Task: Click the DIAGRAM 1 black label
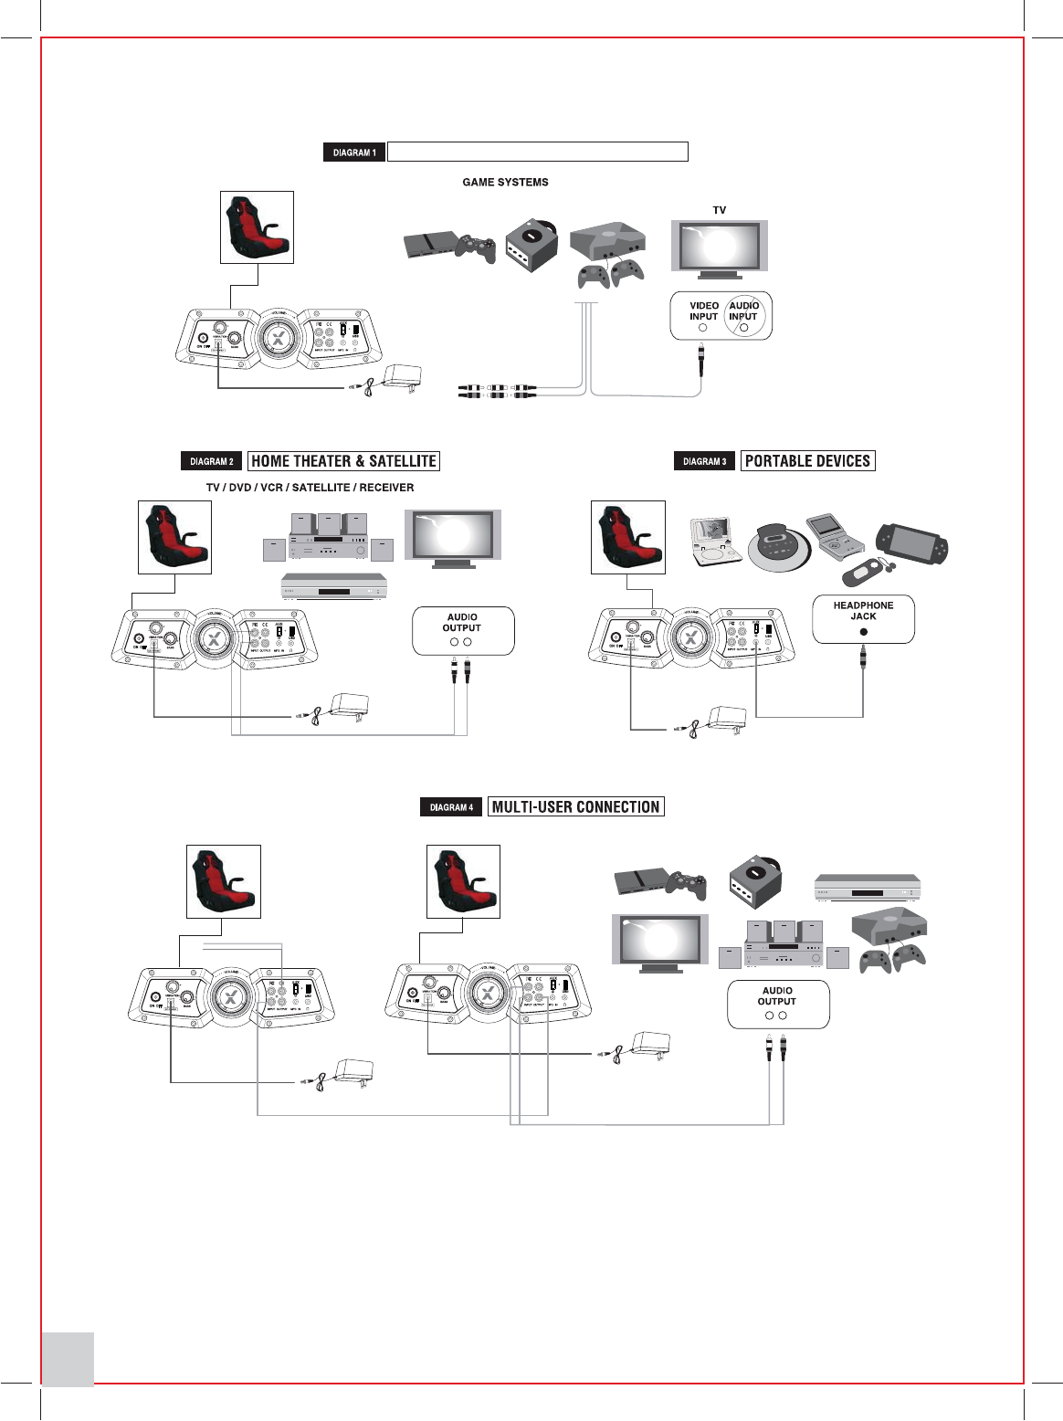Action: click(354, 153)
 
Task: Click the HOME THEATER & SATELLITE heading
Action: click(343, 461)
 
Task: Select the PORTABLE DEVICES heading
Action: click(807, 461)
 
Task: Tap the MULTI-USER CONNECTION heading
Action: click(575, 806)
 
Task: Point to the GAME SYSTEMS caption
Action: click(505, 182)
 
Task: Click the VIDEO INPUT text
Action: click(703, 311)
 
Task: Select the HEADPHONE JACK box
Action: click(863, 618)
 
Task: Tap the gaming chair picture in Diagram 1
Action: click(257, 227)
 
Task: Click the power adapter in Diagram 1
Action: click(402, 377)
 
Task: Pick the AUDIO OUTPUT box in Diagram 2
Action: click(463, 630)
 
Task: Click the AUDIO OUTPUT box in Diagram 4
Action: click(778, 1004)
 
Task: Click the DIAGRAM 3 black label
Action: click(704, 461)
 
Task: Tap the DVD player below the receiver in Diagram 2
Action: click(333, 587)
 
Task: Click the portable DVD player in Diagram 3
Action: click(716, 541)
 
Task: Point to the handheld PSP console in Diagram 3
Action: click(912, 546)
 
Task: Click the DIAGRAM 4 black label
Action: click(451, 807)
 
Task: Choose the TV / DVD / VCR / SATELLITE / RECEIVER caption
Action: click(310, 488)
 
